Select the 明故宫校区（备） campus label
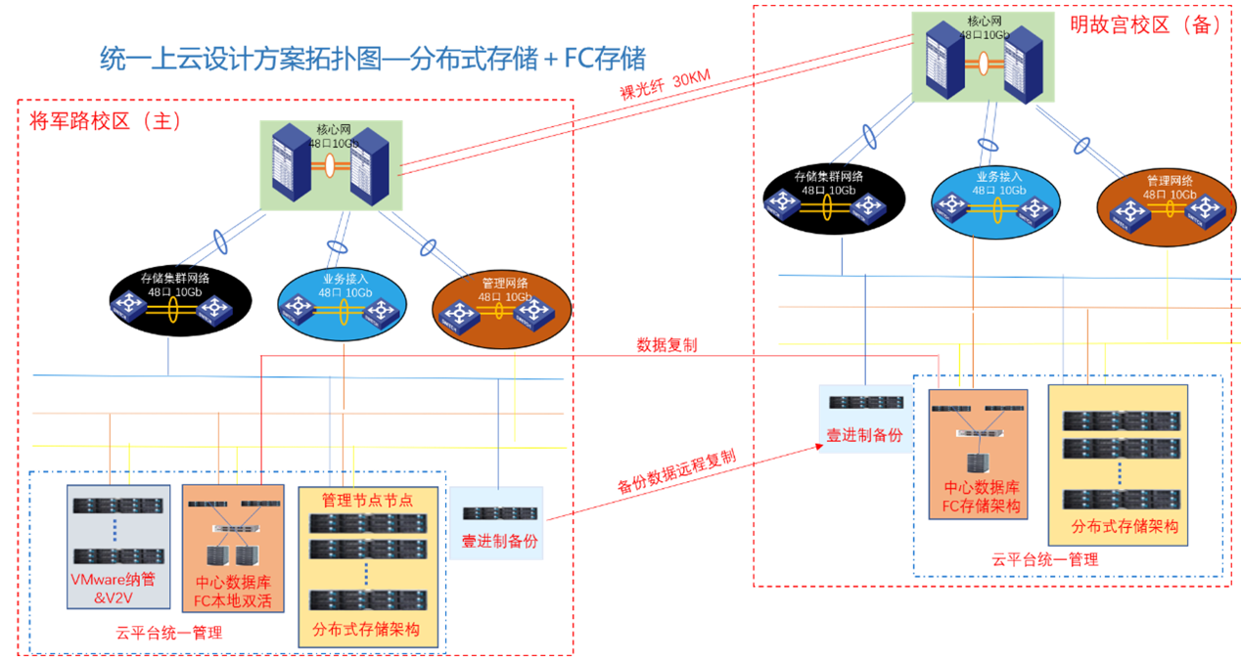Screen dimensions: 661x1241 click(1144, 25)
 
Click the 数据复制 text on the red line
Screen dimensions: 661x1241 click(666, 345)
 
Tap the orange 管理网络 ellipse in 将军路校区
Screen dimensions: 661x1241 click(502, 306)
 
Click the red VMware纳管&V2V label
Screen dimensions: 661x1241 click(112, 588)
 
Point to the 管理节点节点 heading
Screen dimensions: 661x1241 click(367, 500)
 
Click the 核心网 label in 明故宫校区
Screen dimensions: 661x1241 click(984, 21)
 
